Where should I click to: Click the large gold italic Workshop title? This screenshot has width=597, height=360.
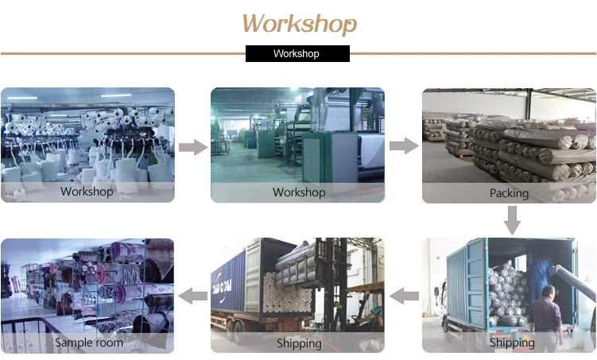point(300,23)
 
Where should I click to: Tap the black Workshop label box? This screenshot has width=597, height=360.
point(297,54)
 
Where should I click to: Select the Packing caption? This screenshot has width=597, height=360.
point(509,193)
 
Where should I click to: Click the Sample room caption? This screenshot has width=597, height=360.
point(88,343)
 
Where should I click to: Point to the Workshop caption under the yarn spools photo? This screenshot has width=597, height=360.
point(87,192)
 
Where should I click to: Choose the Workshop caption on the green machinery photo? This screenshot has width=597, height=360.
point(298,192)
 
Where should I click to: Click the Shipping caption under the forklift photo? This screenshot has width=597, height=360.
point(298,343)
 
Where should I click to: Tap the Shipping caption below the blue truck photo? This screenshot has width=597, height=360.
point(511,343)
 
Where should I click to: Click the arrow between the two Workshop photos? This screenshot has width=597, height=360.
point(192,147)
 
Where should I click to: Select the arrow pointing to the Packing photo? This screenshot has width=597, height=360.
point(404,146)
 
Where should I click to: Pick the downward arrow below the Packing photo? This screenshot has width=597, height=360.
point(513,220)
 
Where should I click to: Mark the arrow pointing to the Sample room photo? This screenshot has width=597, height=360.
point(193,296)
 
